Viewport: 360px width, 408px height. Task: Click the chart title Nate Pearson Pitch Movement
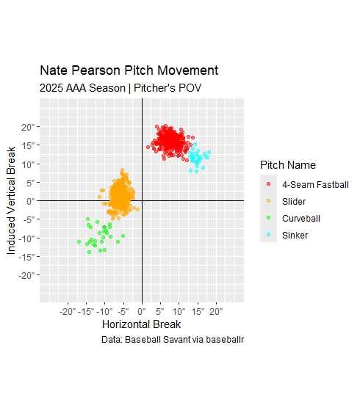coord(129,71)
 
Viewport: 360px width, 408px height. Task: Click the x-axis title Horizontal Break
coord(142,324)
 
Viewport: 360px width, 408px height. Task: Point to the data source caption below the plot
coord(173,340)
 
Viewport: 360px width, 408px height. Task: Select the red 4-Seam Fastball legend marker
coord(269,183)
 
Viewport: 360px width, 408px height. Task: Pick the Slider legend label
coord(295,201)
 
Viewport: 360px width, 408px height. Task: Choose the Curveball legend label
coord(301,218)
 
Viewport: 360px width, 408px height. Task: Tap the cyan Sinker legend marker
coord(269,236)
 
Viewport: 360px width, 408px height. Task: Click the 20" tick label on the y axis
coord(28,126)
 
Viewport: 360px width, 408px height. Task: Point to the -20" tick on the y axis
coord(26,276)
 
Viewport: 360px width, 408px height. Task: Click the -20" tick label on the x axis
coord(68,310)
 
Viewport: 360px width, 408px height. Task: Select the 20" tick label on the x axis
coord(216,310)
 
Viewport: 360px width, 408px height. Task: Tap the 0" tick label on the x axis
coord(142,310)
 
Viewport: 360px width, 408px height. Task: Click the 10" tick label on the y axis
coord(28,164)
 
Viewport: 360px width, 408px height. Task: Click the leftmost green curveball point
coord(79,242)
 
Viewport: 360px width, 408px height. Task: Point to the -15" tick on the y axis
coord(26,257)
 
